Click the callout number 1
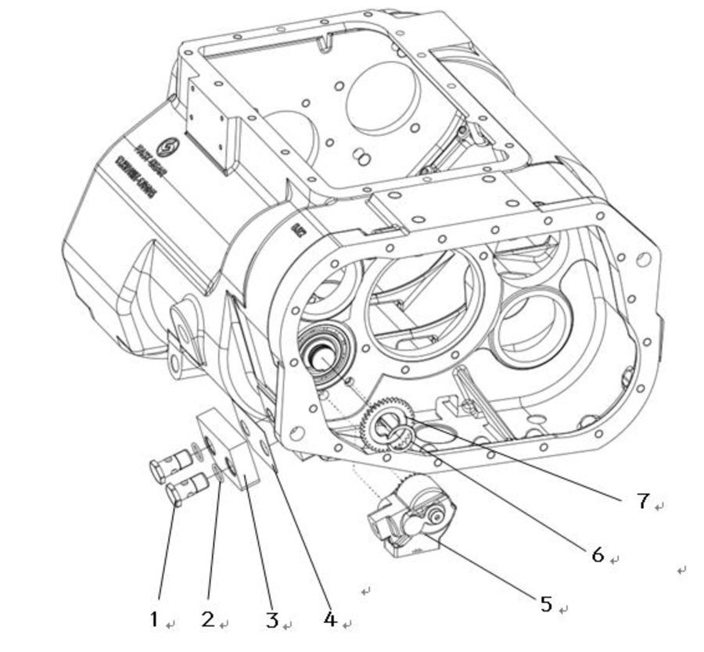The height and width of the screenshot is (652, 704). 154,619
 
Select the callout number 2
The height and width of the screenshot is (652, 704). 207,619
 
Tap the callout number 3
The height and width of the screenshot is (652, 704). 271,620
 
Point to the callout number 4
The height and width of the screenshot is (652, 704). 329,619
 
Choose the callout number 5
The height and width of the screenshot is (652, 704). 546,604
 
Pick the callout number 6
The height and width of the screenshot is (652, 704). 598,554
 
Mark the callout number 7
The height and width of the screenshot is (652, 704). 642,500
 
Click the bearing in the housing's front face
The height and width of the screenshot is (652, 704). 322,352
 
